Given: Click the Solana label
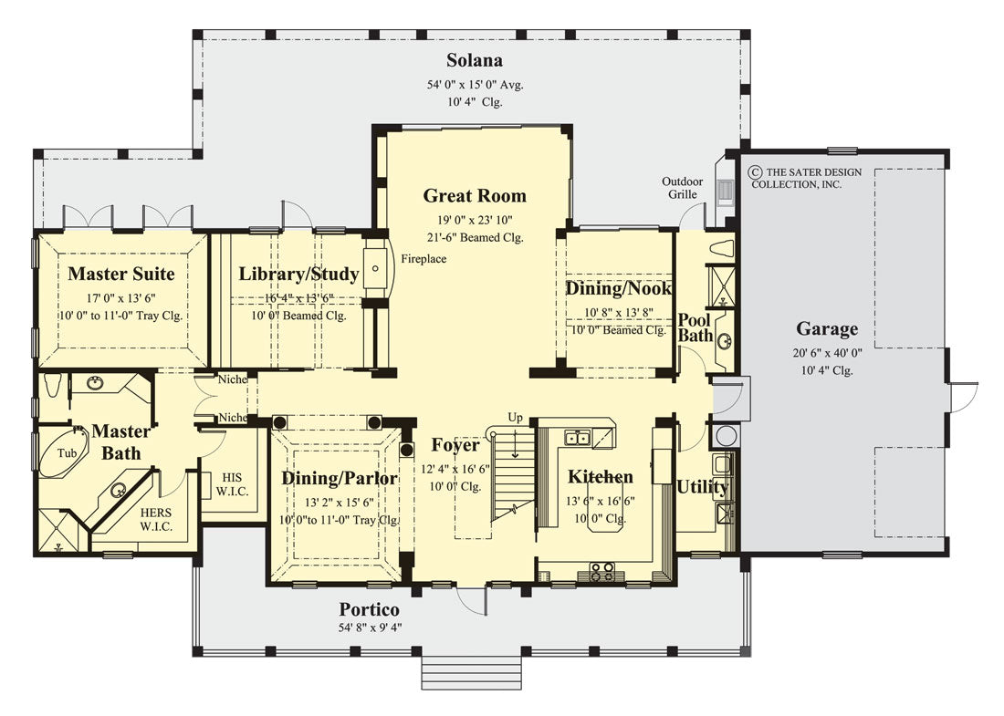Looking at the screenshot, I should point(475,61).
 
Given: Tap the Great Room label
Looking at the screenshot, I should point(475,195).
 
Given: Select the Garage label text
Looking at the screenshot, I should point(827,329).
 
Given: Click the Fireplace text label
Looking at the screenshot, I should point(424,259).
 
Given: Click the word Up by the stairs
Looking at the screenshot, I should point(515,417).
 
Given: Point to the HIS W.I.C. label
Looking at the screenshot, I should point(225,483).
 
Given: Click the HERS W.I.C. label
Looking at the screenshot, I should point(156,520).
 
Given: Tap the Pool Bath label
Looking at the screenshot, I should point(695,327).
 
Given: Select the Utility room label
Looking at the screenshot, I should point(702,487).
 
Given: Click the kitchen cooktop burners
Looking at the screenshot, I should point(601,571).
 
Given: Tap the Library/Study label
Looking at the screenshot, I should point(286,274).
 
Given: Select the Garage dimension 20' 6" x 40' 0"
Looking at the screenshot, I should point(827,353).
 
